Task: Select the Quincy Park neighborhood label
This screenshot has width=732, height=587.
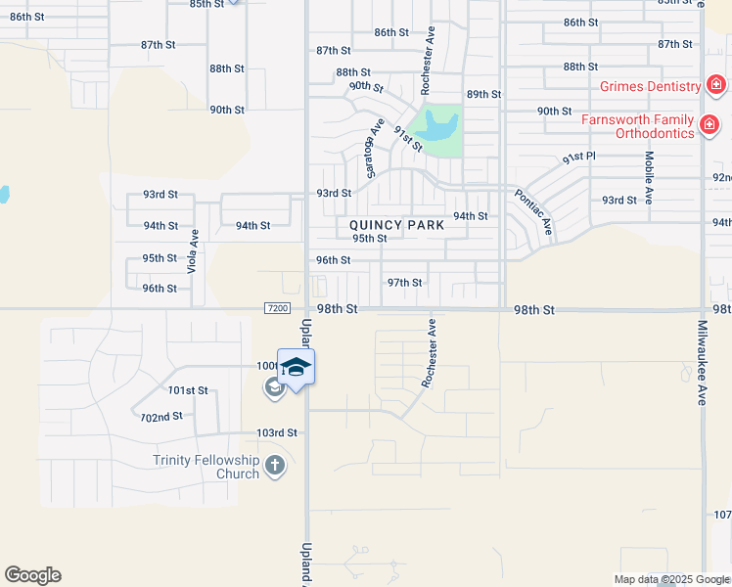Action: [397, 225]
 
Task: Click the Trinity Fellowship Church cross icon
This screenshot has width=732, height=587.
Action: [275, 465]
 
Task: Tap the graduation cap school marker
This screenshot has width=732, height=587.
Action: [296, 367]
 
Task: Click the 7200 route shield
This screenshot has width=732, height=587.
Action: [277, 309]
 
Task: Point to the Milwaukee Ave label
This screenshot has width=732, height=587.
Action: [703, 363]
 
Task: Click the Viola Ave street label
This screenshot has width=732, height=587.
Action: [194, 251]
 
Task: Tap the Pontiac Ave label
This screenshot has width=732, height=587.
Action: [534, 212]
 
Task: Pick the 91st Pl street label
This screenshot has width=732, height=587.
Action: [579, 158]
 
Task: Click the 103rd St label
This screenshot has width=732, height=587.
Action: [276, 432]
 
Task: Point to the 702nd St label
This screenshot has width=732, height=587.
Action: [161, 416]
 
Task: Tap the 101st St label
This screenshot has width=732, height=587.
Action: [189, 390]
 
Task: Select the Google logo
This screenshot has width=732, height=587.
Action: [32, 575]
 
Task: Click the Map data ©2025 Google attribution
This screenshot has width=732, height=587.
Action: [671, 579]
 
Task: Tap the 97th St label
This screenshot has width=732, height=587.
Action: [404, 283]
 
